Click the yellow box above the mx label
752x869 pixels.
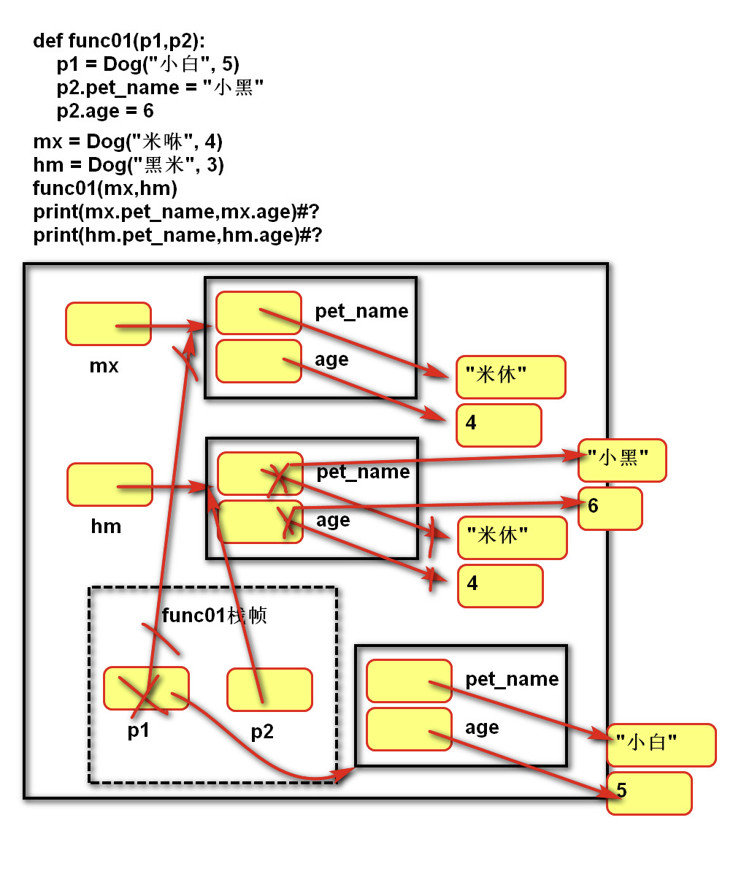108,324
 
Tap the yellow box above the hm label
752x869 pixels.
110,484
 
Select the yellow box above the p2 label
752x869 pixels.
269,689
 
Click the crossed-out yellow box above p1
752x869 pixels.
146,688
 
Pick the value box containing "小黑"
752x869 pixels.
622,460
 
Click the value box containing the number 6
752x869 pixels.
610,508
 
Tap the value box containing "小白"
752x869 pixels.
661,745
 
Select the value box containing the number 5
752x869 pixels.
648,792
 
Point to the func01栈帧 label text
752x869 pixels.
214,615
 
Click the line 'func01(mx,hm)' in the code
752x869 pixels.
105,188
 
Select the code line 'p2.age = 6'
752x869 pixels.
105,111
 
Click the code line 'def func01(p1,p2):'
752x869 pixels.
119,41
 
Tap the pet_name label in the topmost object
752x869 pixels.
361,311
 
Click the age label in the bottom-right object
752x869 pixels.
482,727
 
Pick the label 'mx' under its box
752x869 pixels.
104,366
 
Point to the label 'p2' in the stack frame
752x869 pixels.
262,731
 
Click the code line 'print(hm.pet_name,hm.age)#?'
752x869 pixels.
177,235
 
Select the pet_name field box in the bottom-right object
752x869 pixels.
409,681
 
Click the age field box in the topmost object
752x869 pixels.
258,361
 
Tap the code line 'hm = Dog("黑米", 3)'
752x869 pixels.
128,165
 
